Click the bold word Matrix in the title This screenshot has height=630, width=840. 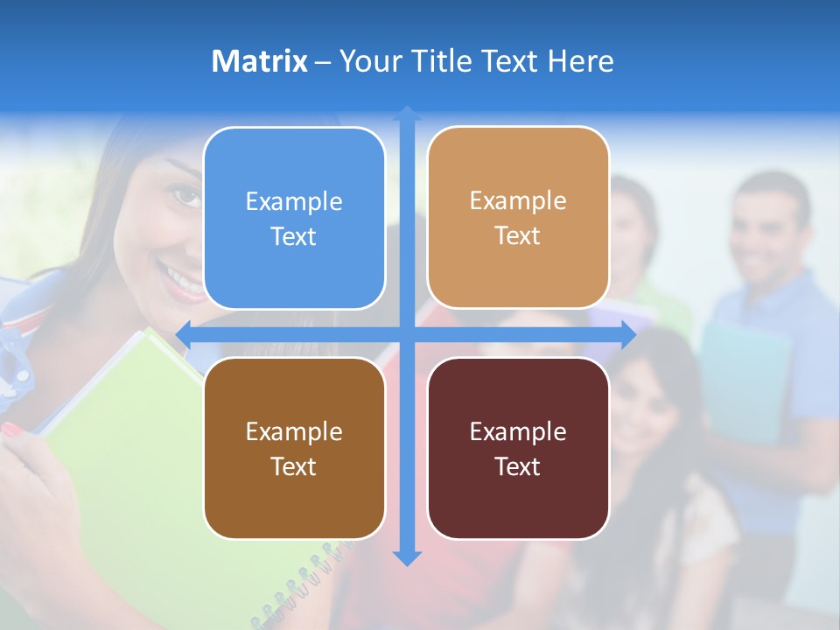coord(260,61)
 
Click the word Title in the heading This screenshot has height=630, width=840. coord(471,61)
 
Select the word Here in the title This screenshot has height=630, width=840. coord(580,61)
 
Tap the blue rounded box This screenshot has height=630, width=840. coord(294,218)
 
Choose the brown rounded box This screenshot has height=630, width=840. coord(294,448)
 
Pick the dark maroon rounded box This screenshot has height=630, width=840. coord(518,448)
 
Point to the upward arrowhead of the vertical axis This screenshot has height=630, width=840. coord(407,113)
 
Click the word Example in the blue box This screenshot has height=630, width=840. coord(294,201)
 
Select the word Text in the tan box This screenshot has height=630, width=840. coord(518,235)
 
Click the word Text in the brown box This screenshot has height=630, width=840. coord(294,466)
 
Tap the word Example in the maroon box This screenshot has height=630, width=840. coord(518,431)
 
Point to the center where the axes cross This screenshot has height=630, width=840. coord(407,334)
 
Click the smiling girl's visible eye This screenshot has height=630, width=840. coord(186,194)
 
